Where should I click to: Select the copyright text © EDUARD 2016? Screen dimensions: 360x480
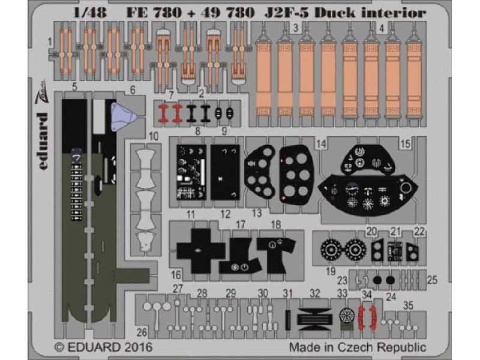pyautogui.click(x=103, y=347)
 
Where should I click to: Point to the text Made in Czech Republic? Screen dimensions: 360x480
pyautogui.click(x=358, y=347)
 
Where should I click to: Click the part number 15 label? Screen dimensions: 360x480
pyautogui.click(x=406, y=143)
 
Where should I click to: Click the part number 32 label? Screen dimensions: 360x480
pyautogui.click(x=316, y=293)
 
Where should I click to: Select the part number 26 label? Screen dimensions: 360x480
pyautogui.click(x=142, y=332)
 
